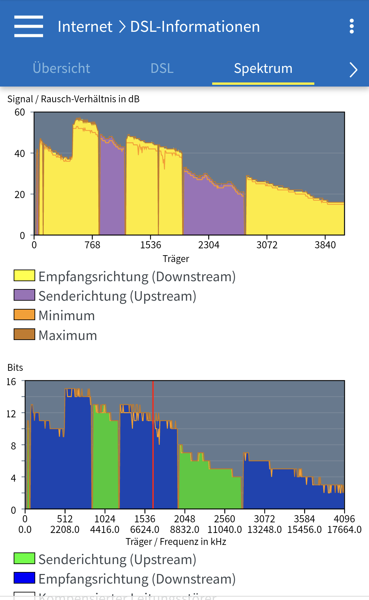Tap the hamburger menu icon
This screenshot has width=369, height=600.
click(x=29, y=26)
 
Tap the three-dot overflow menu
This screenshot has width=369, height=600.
click(x=352, y=26)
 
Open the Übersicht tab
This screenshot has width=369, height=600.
click(x=61, y=68)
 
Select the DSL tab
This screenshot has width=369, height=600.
click(x=162, y=68)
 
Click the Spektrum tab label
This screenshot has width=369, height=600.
click(x=263, y=68)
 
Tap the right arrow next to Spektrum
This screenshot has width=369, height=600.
click(x=353, y=70)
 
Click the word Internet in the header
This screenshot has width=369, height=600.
click(x=85, y=27)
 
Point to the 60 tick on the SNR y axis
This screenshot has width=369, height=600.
click(x=20, y=113)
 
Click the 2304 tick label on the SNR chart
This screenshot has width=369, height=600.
click(x=209, y=245)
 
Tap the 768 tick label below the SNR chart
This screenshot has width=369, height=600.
click(x=92, y=245)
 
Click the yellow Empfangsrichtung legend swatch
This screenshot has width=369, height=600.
click(x=24, y=275)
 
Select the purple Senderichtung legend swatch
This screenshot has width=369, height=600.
click(x=24, y=295)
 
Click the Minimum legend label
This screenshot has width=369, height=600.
click(x=67, y=315)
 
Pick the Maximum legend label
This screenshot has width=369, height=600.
click(x=68, y=335)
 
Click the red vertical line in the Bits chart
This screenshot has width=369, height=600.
click(x=153, y=445)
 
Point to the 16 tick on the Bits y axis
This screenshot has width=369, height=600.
click(x=11, y=382)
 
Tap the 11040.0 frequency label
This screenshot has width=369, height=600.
click(x=224, y=530)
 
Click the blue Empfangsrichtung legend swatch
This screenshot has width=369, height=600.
click(x=24, y=578)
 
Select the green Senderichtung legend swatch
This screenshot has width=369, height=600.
click(x=24, y=558)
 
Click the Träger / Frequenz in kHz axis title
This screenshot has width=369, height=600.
click(x=176, y=542)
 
